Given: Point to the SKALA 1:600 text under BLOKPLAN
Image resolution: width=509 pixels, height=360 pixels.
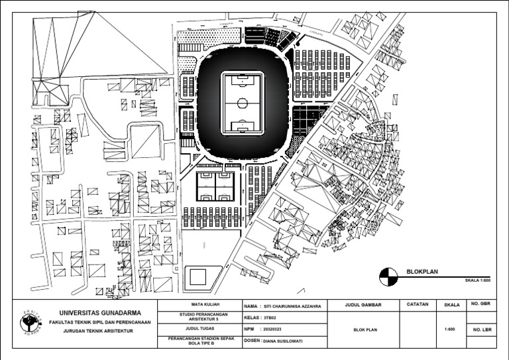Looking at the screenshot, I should (477, 280).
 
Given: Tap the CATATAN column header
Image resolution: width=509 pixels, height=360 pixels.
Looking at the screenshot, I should (417, 305).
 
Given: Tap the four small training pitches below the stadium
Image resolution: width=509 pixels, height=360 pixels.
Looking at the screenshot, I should (215, 186).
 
